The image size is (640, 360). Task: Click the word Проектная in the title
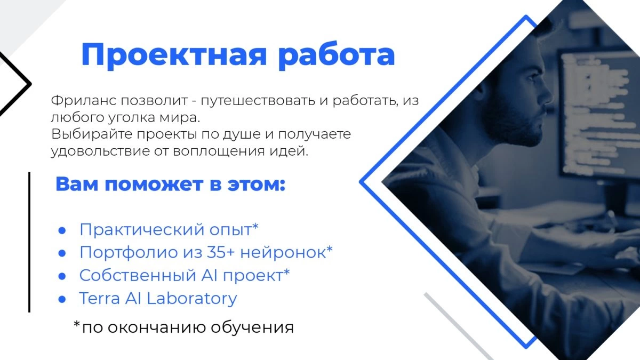(x=174, y=55)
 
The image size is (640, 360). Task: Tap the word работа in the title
(x=337, y=54)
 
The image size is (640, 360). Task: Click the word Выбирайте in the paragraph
(x=92, y=134)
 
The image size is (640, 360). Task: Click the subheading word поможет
(x=154, y=185)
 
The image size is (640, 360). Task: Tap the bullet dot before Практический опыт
(x=62, y=230)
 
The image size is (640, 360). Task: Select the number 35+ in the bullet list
(x=221, y=252)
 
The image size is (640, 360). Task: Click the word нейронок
(x=283, y=253)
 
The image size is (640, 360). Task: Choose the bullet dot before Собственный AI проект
(x=62, y=276)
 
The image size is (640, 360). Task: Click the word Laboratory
(x=191, y=299)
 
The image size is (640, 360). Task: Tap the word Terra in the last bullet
(x=100, y=299)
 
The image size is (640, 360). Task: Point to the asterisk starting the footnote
(x=77, y=324)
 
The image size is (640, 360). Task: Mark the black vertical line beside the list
(x=29, y=242)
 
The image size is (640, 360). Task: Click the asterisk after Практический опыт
(x=255, y=227)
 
